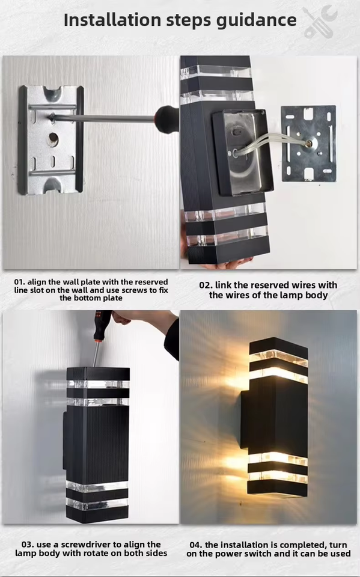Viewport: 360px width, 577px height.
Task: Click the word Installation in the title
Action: point(112,20)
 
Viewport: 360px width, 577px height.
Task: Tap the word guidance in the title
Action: point(256,20)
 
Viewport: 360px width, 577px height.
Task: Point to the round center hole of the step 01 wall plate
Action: point(53,139)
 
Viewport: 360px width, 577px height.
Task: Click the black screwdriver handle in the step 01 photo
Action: point(166,118)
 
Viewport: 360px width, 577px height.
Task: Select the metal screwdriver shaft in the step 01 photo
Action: point(103,118)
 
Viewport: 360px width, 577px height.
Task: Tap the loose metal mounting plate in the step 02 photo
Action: point(309,144)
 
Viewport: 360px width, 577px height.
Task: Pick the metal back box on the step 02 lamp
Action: point(243,151)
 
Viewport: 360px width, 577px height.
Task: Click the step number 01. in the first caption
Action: point(19,282)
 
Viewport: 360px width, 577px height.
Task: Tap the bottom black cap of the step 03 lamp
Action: point(97,514)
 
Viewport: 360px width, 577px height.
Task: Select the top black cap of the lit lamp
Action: point(279,346)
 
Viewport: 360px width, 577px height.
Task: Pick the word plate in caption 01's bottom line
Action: point(113,299)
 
